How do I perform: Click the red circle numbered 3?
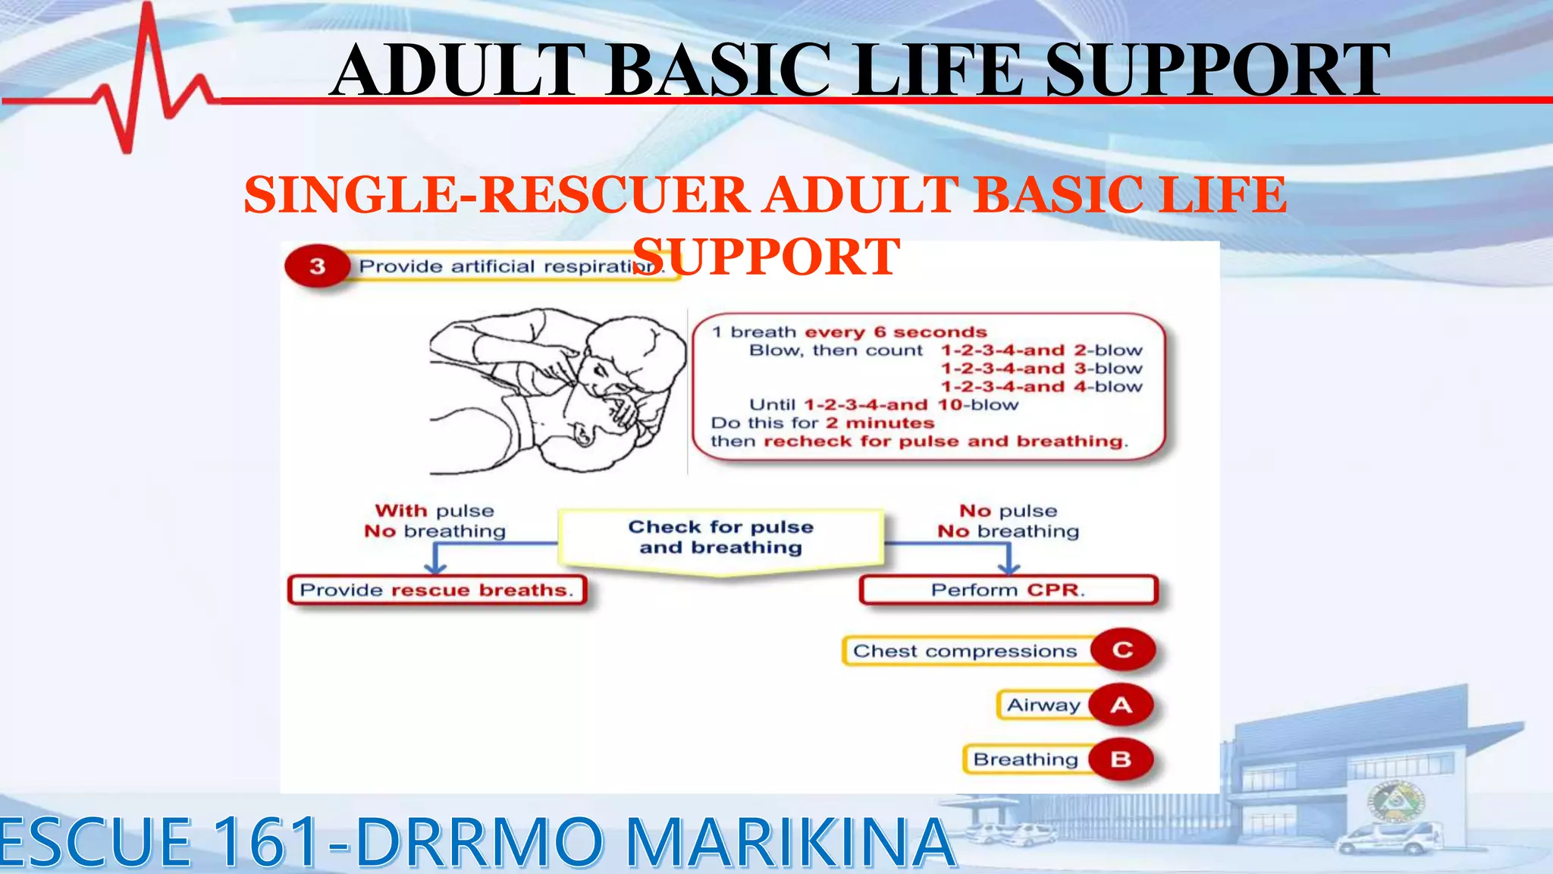pyautogui.click(x=317, y=266)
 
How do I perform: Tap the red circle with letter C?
pyautogui.click(x=1123, y=650)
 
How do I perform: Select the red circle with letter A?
pyautogui.click(x=1122, y=705)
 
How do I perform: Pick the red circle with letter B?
pyautogui.click(x=1121, y=759)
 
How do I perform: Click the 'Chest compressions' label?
pyautogui.click(x=965, y=651)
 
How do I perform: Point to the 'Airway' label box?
pyautogui.click(x=1043, y=705)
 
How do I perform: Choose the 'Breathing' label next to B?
pyautogui.click(x=1025, y=759)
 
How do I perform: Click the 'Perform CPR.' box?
pyautogui.click(x=1009, y=590)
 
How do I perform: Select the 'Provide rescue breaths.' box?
pyautogui.click(x=437, y=590)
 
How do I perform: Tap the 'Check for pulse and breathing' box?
pyautogui.click(x=720, y=538)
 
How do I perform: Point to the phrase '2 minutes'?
pyautogui.click(x=880, y=423)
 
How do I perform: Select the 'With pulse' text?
pyautogui.click(x=434, y=511)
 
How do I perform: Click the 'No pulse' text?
pyautogui.click(x=1008, y=511)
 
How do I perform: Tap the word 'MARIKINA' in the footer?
pyautogui.click(x=790, y=841)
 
